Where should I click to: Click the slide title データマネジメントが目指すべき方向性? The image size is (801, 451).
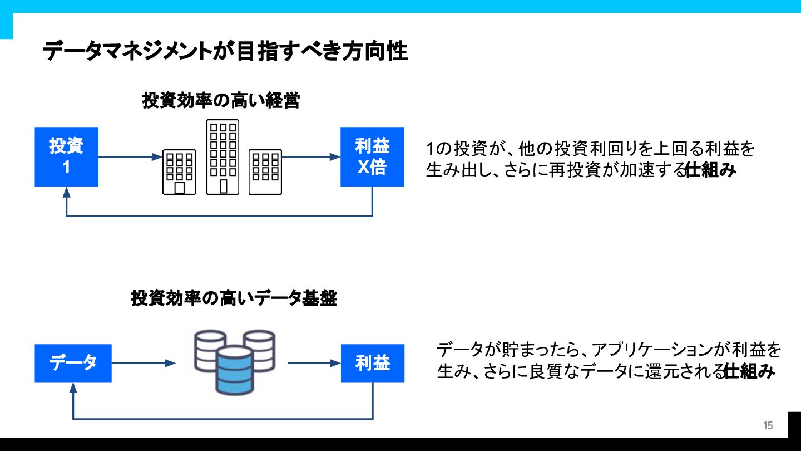pyautogui.click(x=225, y=52)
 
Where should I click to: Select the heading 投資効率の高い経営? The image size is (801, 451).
pyautogui.click(x=221, y=101)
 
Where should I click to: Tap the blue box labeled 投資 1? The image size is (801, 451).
pyautogui.click(x=66, y=156)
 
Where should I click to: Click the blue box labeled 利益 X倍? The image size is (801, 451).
pyautogui.click(x=372, y=156)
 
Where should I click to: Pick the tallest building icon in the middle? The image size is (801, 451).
pyautogui.click(x=222, y=157)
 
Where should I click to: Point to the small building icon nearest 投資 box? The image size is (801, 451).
pyautogui.click(x=179, y=171)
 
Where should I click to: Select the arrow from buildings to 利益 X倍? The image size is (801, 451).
pyautogui.click(x=311, y=157)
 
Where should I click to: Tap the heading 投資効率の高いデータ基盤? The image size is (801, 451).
pyautogui.click(x=234, y=298)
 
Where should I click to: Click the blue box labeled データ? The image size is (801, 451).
pyautogui.click(x=73, y=363)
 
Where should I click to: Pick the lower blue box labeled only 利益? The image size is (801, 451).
pyautogui.click(x=372, y=363)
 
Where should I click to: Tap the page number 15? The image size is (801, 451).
pyautogui.click(x=768, y=426)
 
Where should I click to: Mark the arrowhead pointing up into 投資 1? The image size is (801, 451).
pyautogui.click(x=67, y=192)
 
